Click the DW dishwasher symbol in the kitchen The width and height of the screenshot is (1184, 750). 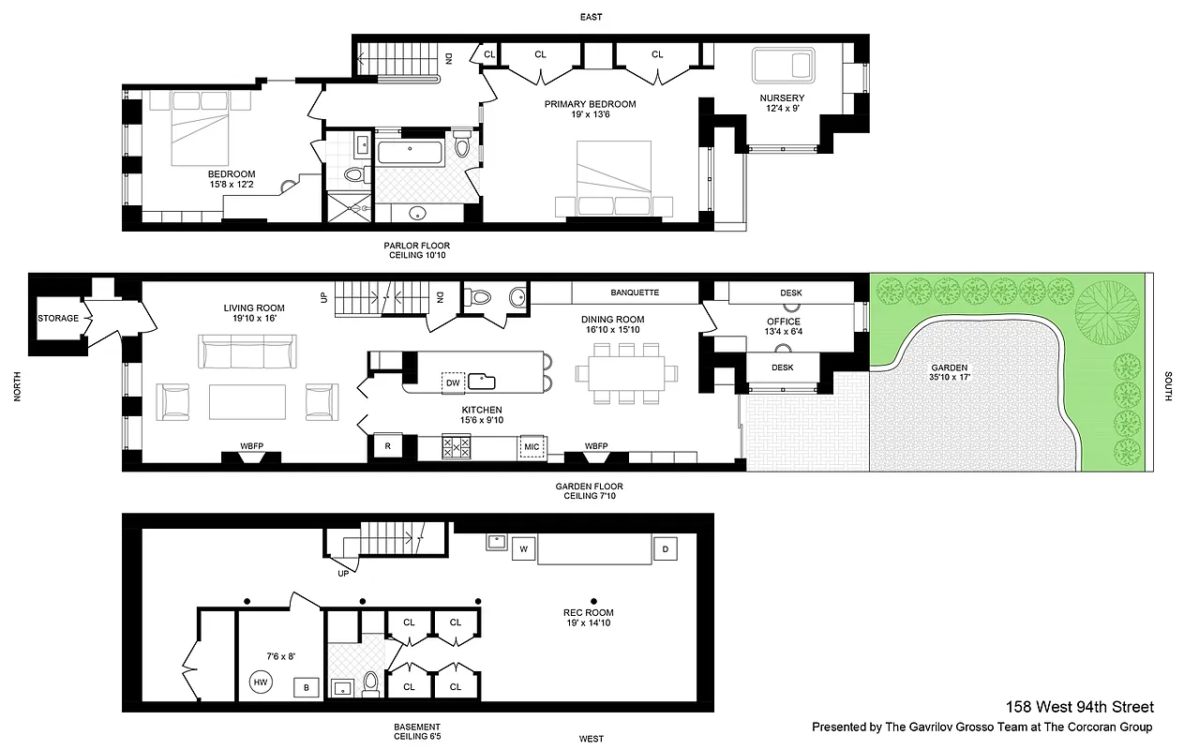tap(454, 382)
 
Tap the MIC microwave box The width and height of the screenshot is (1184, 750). tap(532, 447)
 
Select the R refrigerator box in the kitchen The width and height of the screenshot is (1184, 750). tap(387, 447)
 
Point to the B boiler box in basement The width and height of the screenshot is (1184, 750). tap(305, 686)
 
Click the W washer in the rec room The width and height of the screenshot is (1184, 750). tap(523, 548)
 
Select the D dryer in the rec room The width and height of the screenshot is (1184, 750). tap(666, 548)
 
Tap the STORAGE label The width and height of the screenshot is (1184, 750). tap(58, 319)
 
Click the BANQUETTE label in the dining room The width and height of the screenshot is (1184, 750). tap(635, 292)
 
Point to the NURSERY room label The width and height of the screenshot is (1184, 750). tap(782, 98)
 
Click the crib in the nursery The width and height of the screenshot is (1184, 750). tap(786, 66)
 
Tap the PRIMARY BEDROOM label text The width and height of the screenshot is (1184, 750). tap(590, 104)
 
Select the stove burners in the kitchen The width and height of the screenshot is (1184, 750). tap(457, 447)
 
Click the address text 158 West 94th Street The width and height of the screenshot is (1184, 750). tap(1079, 707)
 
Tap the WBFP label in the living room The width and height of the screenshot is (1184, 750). tap(250, 445)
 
